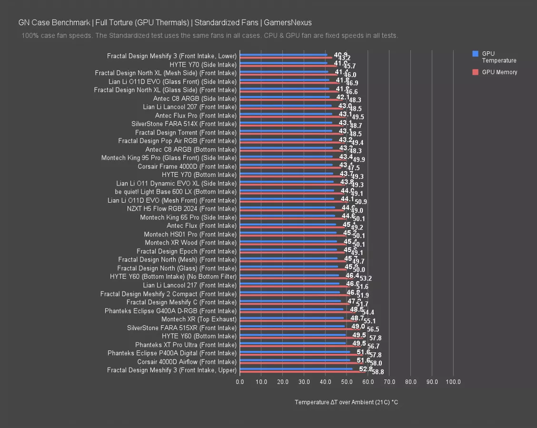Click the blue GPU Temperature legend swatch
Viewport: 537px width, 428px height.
475,54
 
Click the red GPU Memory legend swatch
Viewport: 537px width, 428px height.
475,72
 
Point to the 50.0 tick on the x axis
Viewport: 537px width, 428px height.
347,382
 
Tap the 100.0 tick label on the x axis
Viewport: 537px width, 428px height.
453,382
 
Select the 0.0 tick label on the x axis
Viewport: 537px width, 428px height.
240,382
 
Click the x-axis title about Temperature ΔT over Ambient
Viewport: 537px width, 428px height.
346,402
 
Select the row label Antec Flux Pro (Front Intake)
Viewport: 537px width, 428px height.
196,116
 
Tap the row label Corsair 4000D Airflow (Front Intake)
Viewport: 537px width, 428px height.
187,362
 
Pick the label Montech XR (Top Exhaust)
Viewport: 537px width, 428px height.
199,319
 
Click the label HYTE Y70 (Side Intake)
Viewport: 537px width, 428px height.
203,65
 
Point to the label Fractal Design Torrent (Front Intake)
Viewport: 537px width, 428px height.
186,133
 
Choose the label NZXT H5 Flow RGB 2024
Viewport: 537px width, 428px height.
181,209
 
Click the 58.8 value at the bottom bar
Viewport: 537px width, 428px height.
378,372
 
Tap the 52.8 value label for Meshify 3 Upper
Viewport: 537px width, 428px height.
366,369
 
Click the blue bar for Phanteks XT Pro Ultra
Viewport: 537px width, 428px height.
293,343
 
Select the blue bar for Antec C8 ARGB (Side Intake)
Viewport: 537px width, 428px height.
285,97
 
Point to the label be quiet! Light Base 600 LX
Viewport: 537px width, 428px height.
176,192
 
